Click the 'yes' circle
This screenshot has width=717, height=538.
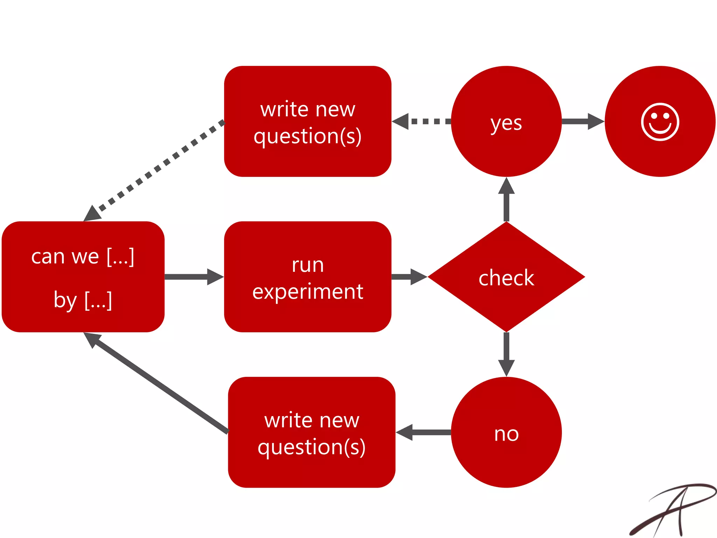[506, 122]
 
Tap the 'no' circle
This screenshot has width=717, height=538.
[506, 432]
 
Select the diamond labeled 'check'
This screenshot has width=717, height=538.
[506, 277]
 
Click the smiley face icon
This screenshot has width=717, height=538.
[660, 122]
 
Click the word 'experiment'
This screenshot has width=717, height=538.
[307, 291]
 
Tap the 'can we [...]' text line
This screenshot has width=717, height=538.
[83, 257]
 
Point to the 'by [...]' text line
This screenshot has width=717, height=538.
[83, 300]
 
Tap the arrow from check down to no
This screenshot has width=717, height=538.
[506, 354]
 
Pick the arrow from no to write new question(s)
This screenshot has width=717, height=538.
[424, 432]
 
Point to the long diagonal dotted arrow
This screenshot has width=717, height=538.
[158, 168]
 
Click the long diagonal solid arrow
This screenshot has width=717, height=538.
[158, 384]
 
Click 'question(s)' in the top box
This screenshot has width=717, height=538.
[307, 136]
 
